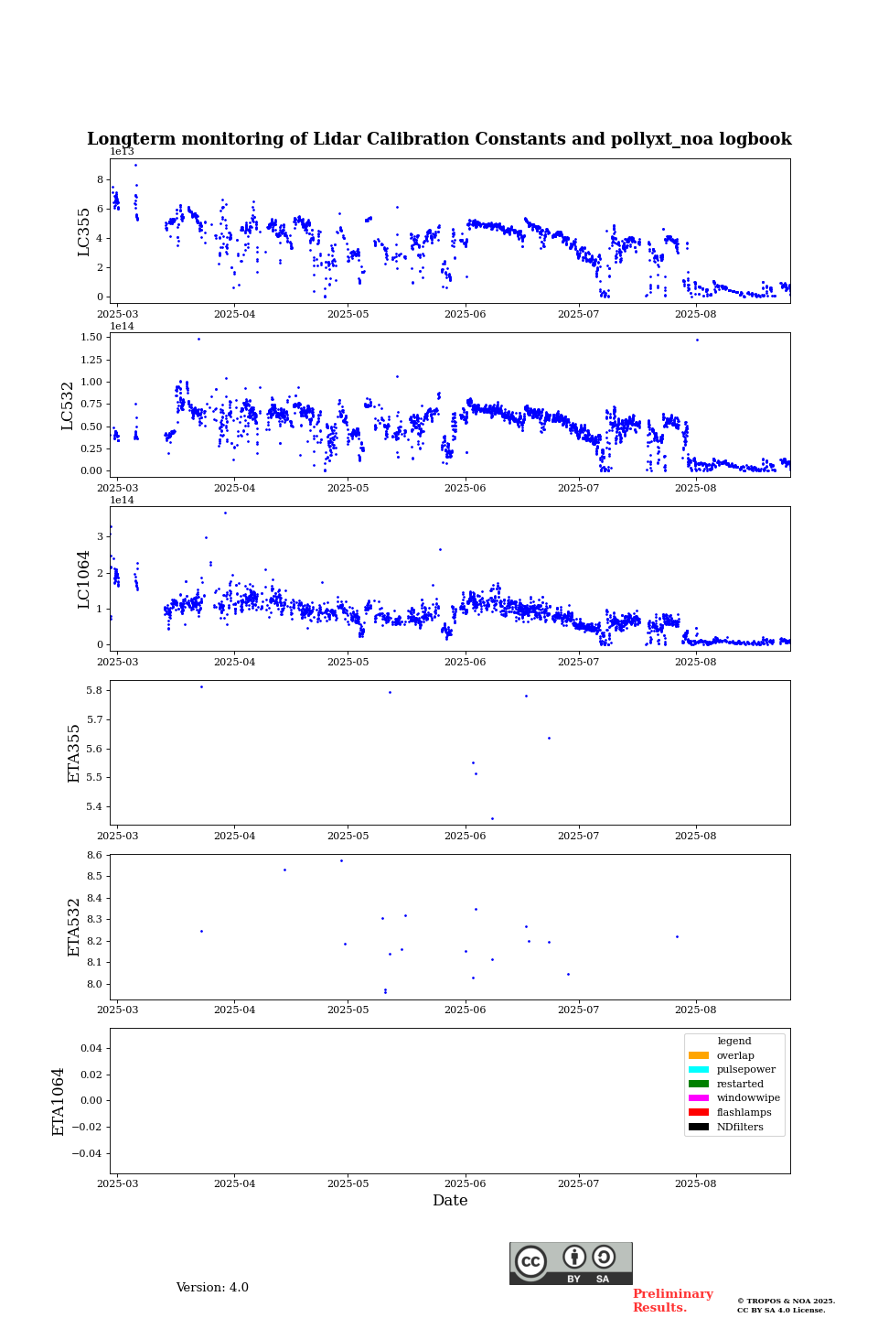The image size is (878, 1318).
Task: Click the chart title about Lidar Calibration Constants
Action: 439,139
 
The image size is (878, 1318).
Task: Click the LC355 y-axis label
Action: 84,232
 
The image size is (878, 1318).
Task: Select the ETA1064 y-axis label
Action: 59,1101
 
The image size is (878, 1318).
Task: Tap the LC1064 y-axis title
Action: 84,578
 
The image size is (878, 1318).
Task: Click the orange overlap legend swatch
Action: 699,1055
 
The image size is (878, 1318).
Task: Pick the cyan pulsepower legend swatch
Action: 699,1070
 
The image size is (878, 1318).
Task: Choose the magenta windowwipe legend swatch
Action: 699,1098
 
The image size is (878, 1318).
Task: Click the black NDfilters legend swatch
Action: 699,1127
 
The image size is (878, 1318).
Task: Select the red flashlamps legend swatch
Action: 699,1113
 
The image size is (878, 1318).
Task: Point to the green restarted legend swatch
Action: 699,1084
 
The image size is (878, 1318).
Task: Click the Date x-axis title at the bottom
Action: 450,1201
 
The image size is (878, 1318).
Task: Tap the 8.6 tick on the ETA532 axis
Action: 93,855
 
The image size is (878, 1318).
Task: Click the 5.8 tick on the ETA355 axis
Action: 93,690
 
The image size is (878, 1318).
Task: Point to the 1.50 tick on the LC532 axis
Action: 91,338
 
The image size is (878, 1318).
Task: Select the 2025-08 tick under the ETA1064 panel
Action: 695,1184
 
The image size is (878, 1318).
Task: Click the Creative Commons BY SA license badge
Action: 571,1263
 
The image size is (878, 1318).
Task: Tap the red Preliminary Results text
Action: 672,1301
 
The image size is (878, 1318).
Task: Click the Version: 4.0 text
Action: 212,1288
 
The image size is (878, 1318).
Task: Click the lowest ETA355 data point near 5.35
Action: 492,819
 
